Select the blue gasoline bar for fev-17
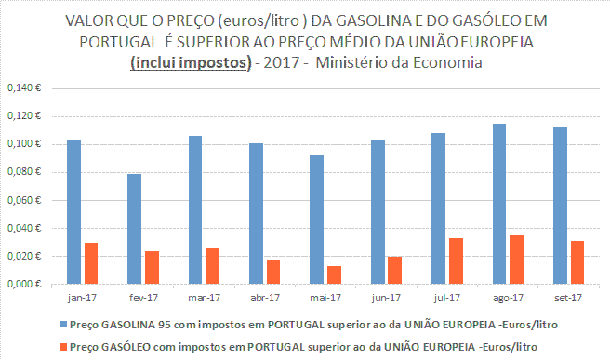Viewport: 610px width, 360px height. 136,229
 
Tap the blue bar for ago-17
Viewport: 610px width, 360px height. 499,204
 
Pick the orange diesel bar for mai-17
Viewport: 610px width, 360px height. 334,274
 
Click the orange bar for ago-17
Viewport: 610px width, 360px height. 516,260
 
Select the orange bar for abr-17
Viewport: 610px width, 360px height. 272,272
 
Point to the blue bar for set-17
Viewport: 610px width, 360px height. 561,206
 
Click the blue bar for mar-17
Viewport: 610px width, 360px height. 196,210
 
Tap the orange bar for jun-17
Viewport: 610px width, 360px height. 394,270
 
